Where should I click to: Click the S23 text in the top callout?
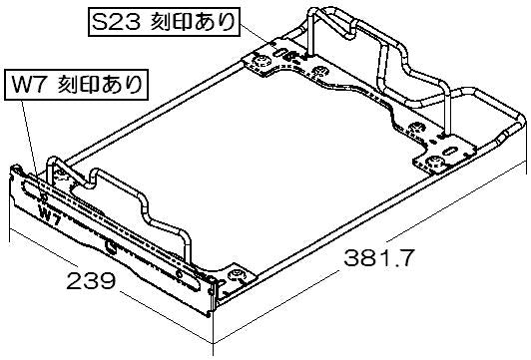pos(116,23)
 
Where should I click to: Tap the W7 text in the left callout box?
pos(28,86)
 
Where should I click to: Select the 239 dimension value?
pos(91,280)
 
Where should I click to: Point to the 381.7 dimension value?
pos(378,258)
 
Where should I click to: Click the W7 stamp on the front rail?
pos(50,216)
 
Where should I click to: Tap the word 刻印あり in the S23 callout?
pos(193,23)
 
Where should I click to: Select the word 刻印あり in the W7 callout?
pos(100,85)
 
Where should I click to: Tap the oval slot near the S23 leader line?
pos(280,53)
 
